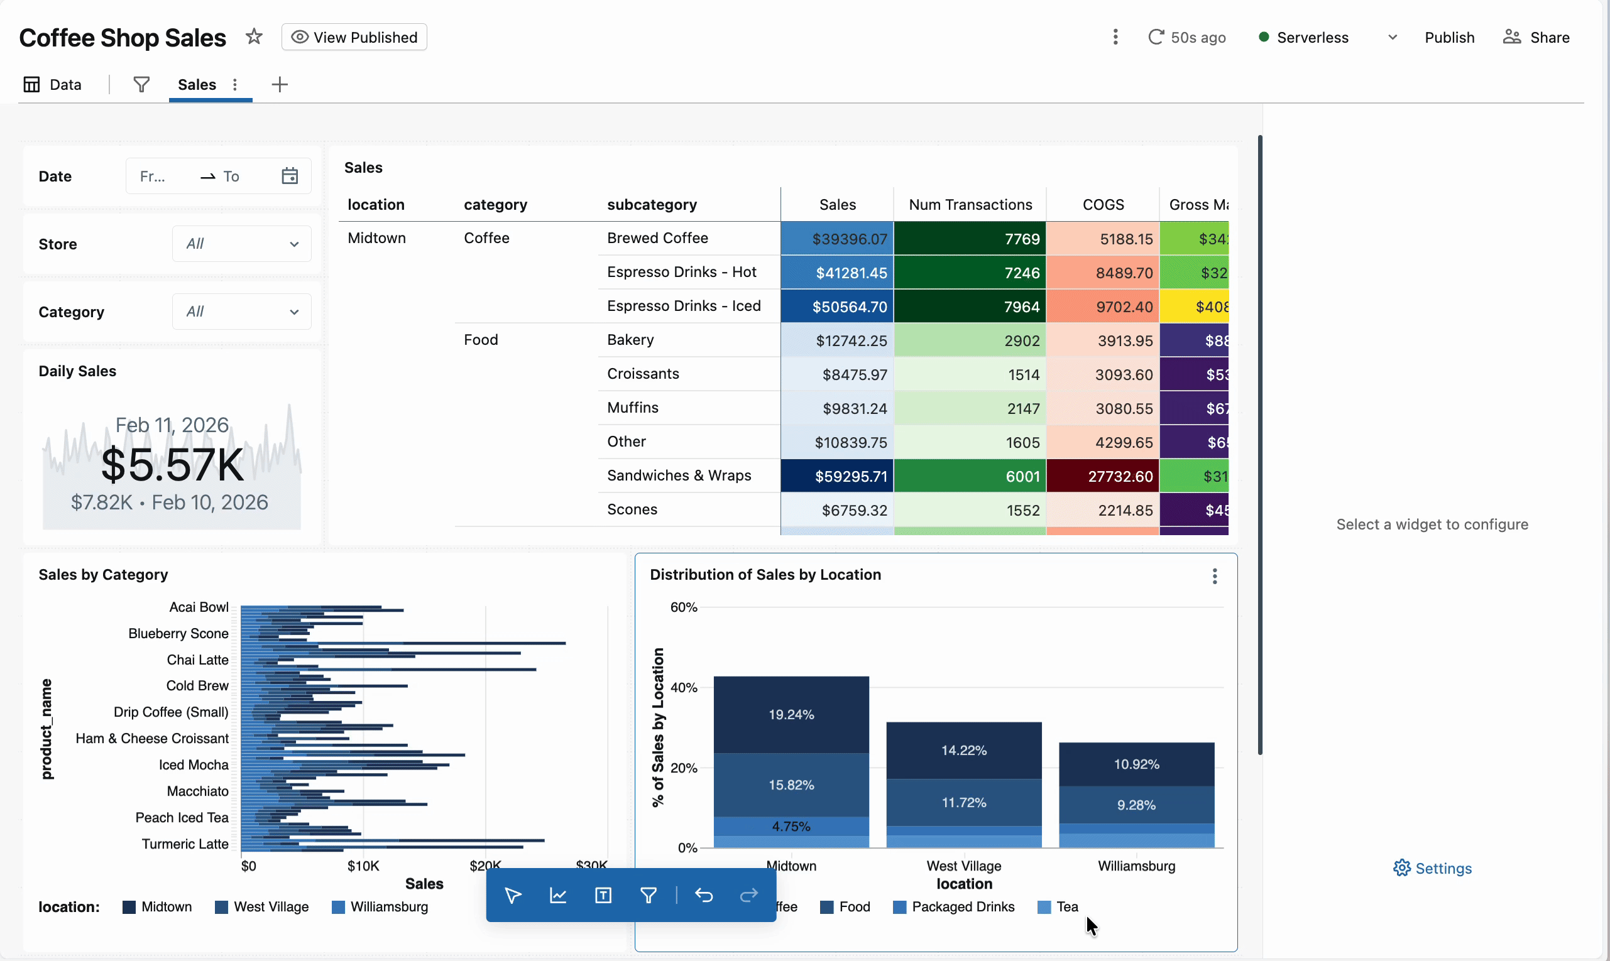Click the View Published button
tap(354, 38)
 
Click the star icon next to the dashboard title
tap(254, 37)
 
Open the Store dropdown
tap(241, 244)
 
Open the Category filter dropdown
tap(241, 312)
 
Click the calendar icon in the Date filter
tap(290, 176)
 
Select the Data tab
tap(53, 85)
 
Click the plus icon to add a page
tap(279, 85)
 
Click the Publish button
tap(1448, 38)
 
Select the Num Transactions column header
tap(970, 205)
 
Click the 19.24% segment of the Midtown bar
tap(791, 715)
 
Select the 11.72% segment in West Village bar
tap(963, 803)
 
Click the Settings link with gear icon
tap(1433, 869)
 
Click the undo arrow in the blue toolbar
tap(704, 896)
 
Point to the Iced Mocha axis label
tap(194, 766)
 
